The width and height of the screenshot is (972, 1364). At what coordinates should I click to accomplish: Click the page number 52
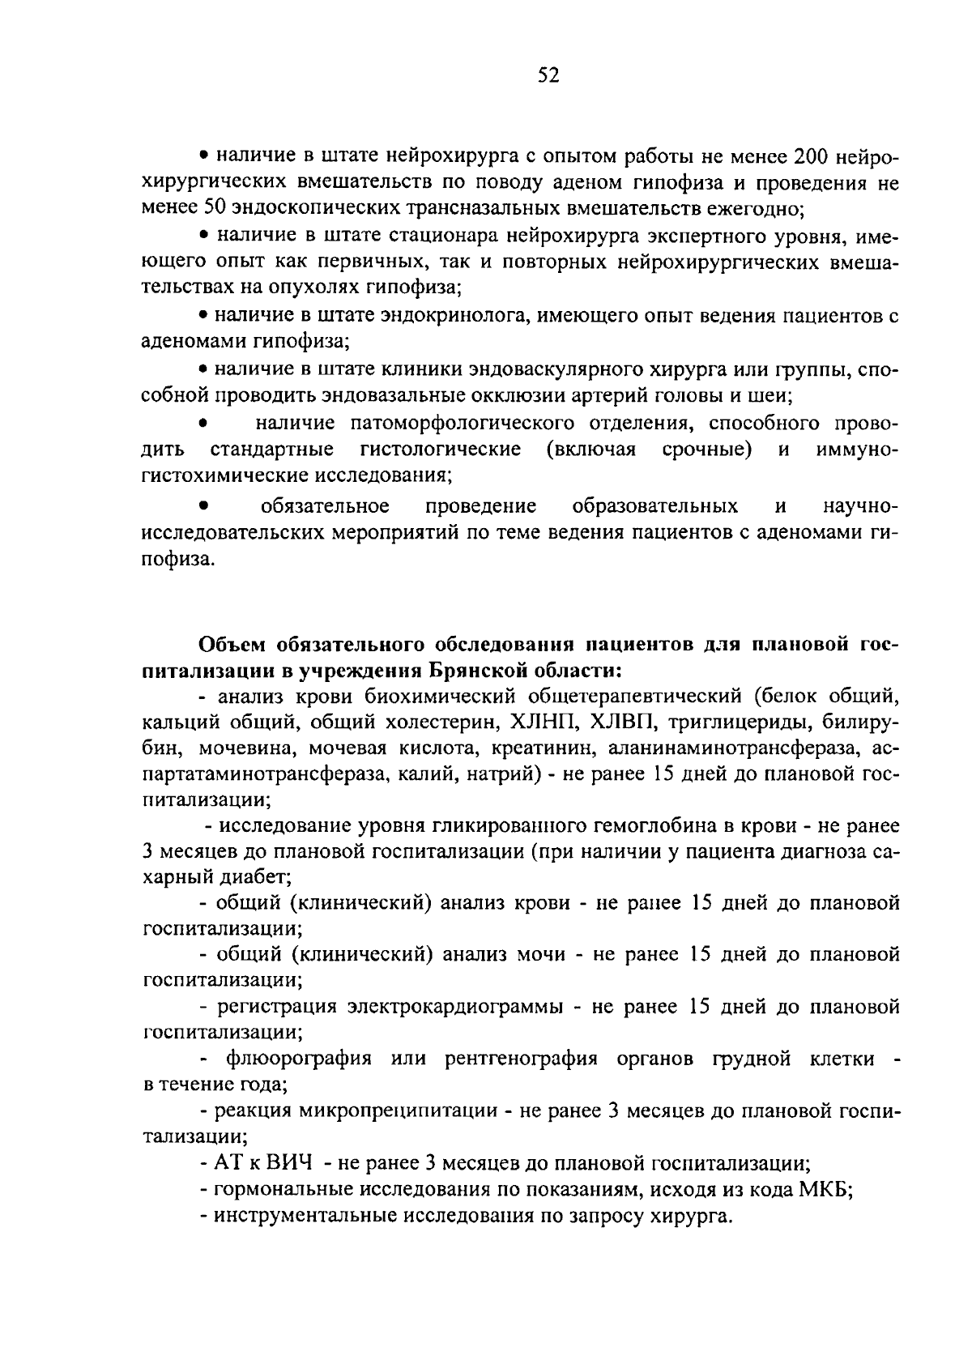click(548, 76)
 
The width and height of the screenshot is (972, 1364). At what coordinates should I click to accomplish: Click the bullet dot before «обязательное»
click(205, 507)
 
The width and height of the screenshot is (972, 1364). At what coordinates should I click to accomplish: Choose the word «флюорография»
click(299, 1059)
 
